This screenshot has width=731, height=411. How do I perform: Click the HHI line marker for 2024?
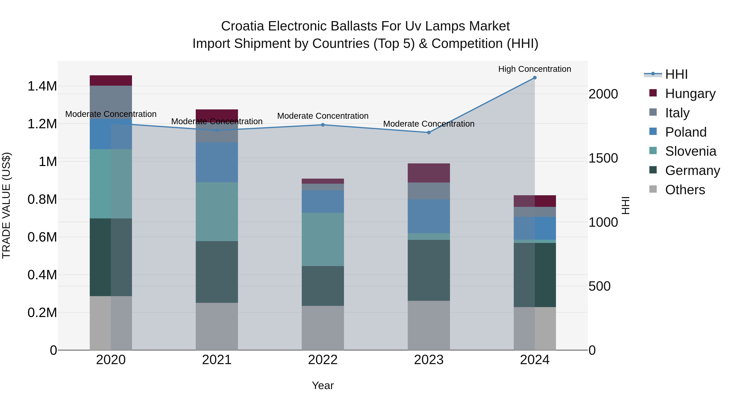[535, 78]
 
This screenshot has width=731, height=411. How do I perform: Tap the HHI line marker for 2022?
[323, 125]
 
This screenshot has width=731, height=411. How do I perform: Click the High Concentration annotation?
[535, 69]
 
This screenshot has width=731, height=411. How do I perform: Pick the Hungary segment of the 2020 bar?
[111, 81]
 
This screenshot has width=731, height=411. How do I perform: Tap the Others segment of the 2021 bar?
[217, 326]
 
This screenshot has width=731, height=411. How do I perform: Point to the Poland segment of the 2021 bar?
[217, 162]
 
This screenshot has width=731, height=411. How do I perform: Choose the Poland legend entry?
[685, 132]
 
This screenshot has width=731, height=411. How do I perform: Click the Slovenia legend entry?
[690, 151]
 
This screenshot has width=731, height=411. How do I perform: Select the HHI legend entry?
[676, 74]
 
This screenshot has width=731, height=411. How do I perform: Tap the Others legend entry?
[685, 190]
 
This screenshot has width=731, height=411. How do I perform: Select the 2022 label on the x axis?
[323, 360]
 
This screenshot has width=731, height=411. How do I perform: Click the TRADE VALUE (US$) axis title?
[6, 205]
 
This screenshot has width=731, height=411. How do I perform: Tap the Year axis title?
[323, 385]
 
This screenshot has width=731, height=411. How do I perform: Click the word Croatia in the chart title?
[243, 26]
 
